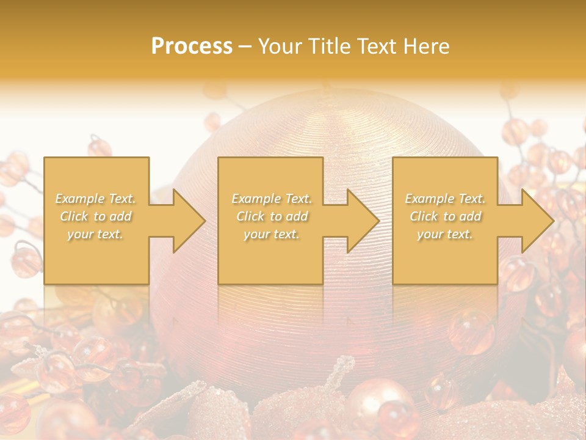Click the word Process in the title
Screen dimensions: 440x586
[x=192, y=46]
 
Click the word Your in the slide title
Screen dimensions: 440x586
[x=280, y=46]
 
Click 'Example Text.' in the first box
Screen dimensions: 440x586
[x=96, y=199]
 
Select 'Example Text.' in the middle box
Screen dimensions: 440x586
[x=272, y=199]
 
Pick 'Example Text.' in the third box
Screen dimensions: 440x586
[x=445, y=199]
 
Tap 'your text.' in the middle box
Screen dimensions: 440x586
[x=272, y=234]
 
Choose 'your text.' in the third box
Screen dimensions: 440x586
[x=445, y=234]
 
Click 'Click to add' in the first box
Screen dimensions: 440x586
[x=96, y=216]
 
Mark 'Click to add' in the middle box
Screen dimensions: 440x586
[x=272, y=216]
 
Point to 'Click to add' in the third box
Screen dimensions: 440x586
[x=445, y=216]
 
